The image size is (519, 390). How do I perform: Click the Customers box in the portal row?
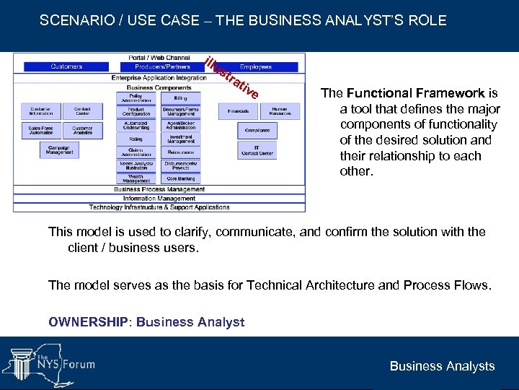[66, 66]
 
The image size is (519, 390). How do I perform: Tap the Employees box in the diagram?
[255, 66]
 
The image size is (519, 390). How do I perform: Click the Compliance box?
[257, 131]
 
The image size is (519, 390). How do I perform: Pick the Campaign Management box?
[60, 149]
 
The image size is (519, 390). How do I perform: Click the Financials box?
[238, 112]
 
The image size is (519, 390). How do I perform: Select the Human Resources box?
[280, 112]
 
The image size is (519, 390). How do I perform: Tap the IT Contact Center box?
[257, 150]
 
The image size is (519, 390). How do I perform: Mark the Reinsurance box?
[181, 152]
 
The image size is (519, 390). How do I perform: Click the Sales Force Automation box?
[41, 131]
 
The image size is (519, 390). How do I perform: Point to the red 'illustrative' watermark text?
[231, 77]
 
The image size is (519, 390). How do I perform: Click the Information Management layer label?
[159, 199]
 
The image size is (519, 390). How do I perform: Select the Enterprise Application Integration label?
[159, 78]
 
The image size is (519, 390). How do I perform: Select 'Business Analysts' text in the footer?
[442, 366]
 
